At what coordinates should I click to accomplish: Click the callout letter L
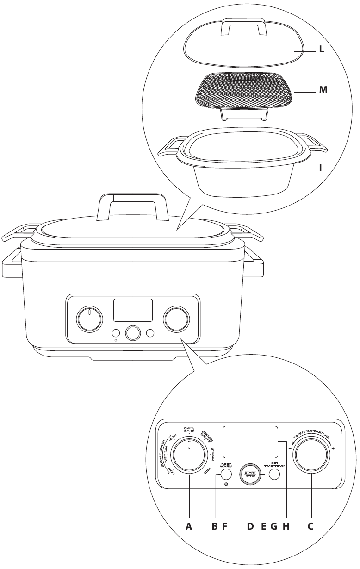click(320, 51)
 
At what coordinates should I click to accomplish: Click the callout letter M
click(323, 91)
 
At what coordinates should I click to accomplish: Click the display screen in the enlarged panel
click(250, 442)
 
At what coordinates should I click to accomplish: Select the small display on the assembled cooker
click(133, 310)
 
